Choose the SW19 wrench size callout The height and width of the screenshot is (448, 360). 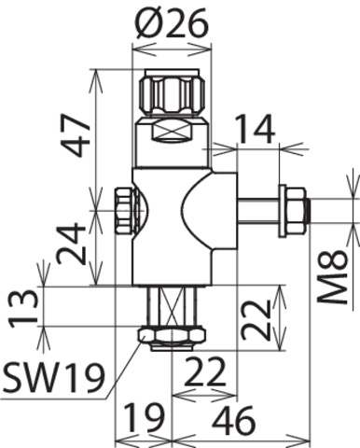coord(48,376)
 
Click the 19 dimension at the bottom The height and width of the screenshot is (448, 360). coord(142,421)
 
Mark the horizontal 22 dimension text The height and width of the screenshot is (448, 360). coord(203,373)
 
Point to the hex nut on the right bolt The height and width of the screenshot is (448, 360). coord(294,210)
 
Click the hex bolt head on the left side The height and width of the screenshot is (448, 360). coord(124,212)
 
